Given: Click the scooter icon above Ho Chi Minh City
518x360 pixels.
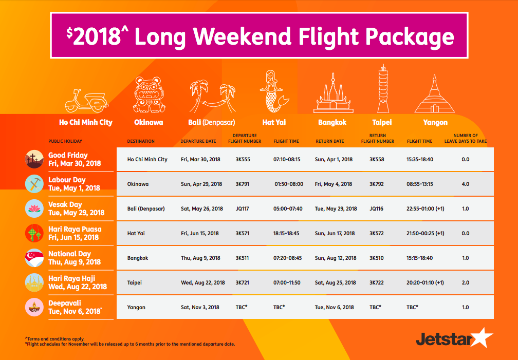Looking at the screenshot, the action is point(86,101).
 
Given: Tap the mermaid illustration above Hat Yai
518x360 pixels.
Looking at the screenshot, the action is point(274,91).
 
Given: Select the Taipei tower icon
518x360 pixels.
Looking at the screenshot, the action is point(383,89).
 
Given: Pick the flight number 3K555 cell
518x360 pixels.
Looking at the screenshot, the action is point(243,159).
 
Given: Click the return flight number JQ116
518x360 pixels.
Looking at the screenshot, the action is point(376,209).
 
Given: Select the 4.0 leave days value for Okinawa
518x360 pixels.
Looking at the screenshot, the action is point(465,184).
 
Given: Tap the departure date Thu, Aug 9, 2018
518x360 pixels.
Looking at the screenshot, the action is point(200,258).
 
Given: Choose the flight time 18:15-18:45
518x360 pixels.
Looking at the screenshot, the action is point(286,233).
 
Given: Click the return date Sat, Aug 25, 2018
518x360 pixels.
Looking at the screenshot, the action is point(335,282).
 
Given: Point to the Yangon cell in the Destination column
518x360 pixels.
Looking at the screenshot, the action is point(136,307).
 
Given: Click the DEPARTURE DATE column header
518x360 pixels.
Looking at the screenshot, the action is point(198,141).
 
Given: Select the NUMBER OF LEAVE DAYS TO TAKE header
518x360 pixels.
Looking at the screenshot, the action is point(466,138).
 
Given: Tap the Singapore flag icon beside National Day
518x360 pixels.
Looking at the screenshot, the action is point(34,258).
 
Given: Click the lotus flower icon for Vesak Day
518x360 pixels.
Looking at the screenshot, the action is point(34,209).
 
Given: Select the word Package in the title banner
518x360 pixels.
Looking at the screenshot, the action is point(410,36).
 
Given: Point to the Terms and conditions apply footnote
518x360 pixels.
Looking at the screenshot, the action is point(55,339).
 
